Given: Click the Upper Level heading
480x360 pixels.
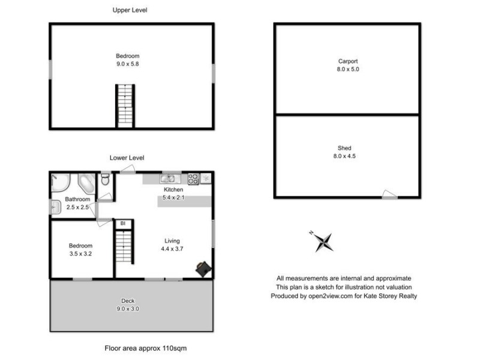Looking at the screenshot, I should [x=130, y=10].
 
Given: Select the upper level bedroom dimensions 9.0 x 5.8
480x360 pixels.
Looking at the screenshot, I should [x=131, y=64].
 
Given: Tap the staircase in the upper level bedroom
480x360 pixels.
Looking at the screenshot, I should [x=125, y=104].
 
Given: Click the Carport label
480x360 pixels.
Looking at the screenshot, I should [x=348, y=61].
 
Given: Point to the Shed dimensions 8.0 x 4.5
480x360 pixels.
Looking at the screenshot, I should [x=344, y=156].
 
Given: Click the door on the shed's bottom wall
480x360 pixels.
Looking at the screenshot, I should [x=389, y=194].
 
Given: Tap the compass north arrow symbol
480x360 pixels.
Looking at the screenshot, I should [x=323, y=241].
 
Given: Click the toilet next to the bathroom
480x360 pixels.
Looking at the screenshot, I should [x=105, y=179].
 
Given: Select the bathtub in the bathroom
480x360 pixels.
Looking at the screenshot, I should [x=85, y=182].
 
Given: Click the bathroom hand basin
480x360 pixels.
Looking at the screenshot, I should [x=55, y=208].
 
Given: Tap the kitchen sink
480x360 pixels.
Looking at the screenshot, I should [x=168, y=178].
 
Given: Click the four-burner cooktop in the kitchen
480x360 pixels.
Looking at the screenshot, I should [x=194, y=178].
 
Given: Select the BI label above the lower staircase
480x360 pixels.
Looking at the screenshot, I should [x=123, y=224].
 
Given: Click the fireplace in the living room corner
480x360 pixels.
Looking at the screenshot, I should [x=203, y=269].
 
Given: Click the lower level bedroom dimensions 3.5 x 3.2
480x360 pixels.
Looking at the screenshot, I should [x=80, y=254].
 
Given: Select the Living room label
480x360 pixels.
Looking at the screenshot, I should [x=172, y=241].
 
